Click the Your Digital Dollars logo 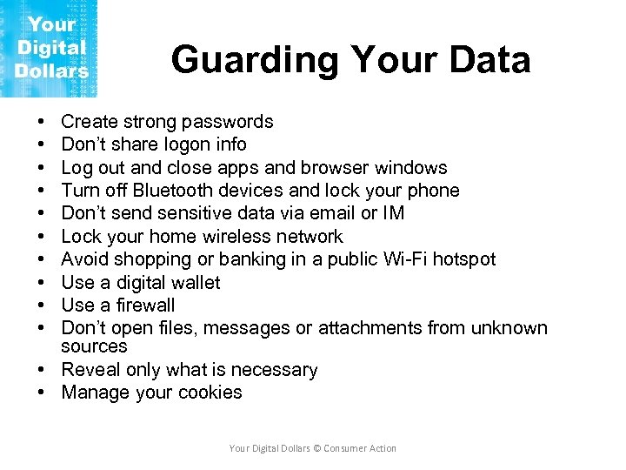(50, 48)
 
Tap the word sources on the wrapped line (94, 346)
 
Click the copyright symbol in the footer (316, 448)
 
